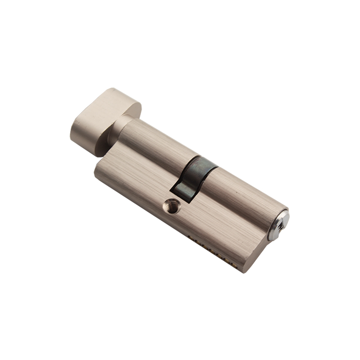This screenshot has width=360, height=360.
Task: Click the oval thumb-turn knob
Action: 103,117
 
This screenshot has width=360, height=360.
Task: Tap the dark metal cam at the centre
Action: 194,175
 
